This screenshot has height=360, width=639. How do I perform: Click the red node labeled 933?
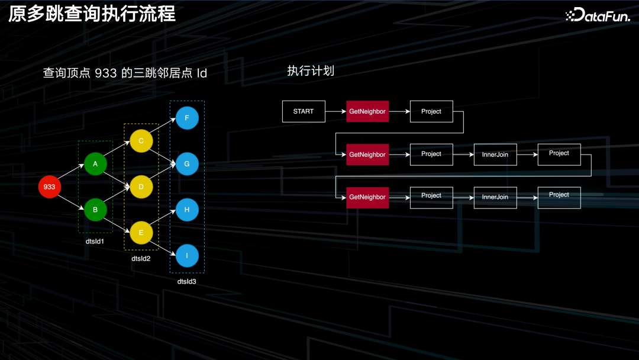tap(49, 187)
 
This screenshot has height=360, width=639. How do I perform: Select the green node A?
tap(95, 164)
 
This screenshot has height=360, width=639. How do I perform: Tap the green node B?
tap(95, 210)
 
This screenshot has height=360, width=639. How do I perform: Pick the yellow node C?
tap(141, 141)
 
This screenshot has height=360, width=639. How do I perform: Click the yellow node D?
tap(141, 187)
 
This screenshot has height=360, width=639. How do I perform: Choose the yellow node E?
tap(141, 233)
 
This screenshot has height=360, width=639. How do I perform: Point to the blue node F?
tap(187, 118)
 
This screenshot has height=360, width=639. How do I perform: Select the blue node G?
tap(187, 164)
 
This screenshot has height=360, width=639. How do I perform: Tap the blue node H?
tap(187, 210)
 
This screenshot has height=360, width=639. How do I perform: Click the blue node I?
tap(187, 256)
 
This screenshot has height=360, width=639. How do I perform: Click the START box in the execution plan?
tap(304, 111)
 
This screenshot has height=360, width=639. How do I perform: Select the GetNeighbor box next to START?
tap(367, 111)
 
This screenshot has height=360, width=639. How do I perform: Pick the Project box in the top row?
tap(431, 111)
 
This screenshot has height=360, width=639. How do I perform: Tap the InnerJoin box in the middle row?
tap(495, 155)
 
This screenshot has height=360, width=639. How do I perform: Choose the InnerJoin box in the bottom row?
tap(495, 197)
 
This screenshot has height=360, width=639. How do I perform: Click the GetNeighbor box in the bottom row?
tap(367, 197)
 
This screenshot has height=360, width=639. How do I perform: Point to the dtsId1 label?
tap(95, 242)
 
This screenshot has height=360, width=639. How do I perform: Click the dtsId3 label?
tap(186, 281)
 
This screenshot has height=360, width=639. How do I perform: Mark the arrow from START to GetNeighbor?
tap(335, 111)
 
